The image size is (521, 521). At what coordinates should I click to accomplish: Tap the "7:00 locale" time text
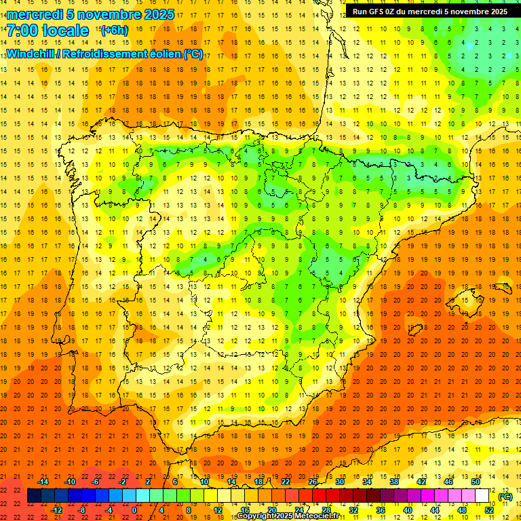[47, 31]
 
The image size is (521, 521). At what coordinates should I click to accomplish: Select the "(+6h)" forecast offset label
[113, 31]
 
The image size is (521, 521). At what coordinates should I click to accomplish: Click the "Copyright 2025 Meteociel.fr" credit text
[288, 516]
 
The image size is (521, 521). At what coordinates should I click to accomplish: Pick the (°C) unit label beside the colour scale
[505, 497]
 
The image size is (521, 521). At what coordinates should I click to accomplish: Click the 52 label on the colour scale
[490, 510]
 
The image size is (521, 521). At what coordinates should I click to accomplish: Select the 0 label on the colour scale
[134, 510]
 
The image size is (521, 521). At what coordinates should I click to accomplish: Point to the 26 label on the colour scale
[313, 482]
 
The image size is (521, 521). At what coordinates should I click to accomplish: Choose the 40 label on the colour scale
[407, 510]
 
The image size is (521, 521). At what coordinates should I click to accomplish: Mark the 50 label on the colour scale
[476, 482]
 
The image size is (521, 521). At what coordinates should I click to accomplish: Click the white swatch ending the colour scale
[482, 496]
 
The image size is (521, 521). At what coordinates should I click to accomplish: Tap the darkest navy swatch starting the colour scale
[34, 496]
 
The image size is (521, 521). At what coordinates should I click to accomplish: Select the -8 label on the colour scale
[81, 510]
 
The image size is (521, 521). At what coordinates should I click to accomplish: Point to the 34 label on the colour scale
[367, 482]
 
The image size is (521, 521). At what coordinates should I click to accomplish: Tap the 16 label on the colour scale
[244, 510]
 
